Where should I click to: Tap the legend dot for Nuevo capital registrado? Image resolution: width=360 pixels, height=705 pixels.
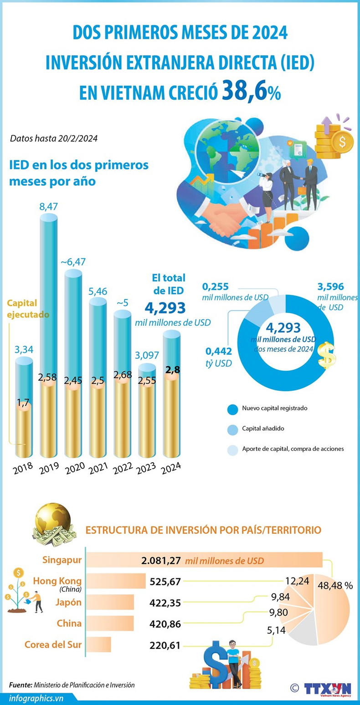click(232, 409)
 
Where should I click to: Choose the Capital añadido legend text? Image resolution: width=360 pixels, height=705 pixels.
click(263, 429)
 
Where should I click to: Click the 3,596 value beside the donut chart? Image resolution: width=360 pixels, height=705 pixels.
click(330, 287)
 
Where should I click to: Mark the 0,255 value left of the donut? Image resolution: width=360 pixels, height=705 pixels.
click(215, 287)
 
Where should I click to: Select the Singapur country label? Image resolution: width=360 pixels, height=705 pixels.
click(62, 560)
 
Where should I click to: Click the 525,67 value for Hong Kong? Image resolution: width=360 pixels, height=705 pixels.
click(165, 582)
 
